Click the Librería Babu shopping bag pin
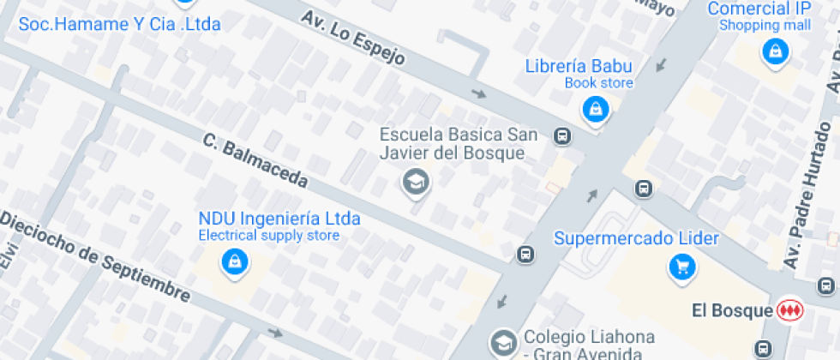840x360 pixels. point(594,108)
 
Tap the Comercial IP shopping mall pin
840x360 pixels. point(775,51)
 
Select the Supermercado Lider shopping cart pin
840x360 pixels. point(682,267)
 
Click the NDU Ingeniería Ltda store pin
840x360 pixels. point(233,261)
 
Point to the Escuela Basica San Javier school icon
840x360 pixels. point(416,181)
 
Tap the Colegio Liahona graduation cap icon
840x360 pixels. point(502,343)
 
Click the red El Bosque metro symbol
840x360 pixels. point(789,309)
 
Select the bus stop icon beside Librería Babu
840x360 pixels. point(562,135)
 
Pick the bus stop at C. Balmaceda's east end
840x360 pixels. point(525,255)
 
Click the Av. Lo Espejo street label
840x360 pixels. point(351,39)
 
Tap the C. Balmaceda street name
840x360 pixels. point(255,162)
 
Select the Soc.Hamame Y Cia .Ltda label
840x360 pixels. point(119,24)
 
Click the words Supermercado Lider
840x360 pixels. point(636,237)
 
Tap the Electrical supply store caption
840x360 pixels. point(269,236)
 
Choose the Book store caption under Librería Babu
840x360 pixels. point(598,83)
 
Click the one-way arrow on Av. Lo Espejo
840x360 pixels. point(477,93)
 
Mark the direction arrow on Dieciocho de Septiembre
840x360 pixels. point(274,333)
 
